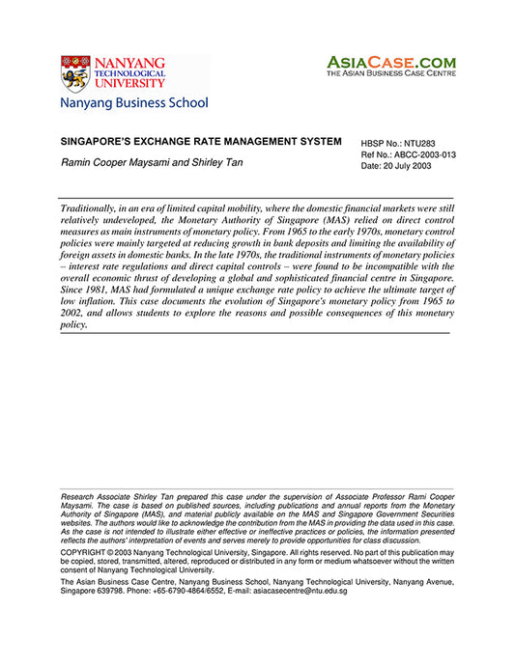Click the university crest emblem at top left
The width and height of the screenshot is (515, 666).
tap(76, 74)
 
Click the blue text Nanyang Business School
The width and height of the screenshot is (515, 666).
tap(133, 102)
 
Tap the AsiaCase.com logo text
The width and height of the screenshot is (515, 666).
tap(390, 61)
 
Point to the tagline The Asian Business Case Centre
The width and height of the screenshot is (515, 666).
tap(390, 73)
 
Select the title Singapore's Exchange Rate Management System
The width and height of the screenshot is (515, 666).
tap(201, 142)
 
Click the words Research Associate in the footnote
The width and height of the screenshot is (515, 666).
tap(100, 496)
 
